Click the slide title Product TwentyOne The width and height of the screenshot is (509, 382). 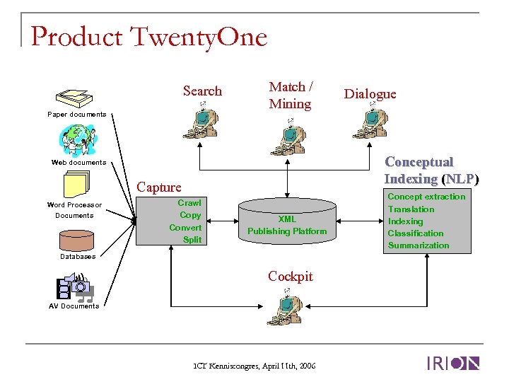(x=149, y=36)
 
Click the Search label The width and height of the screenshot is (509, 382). (x=202, y=91)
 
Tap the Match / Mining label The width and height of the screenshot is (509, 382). (x=290, y=95)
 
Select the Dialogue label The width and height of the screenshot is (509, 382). (x=370, y=94)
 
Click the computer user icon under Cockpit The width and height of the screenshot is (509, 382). (x=288, y=308)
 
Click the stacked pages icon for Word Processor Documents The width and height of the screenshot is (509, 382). (x=76, y=185)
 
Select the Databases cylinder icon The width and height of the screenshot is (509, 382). (x=76, y=240)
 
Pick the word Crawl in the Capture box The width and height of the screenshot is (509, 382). (x=189, y=203)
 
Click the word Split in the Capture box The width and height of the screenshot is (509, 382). (x=192, y=240)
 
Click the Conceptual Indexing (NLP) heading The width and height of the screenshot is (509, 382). (x=431, y=170)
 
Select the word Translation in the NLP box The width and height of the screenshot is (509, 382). (x=411, y=209)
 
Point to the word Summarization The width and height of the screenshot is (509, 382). (x=418, y=245)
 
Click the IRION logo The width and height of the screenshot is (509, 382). (x=453, y=364)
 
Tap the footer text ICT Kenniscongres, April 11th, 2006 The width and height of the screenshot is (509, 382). (x=255, y=366)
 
